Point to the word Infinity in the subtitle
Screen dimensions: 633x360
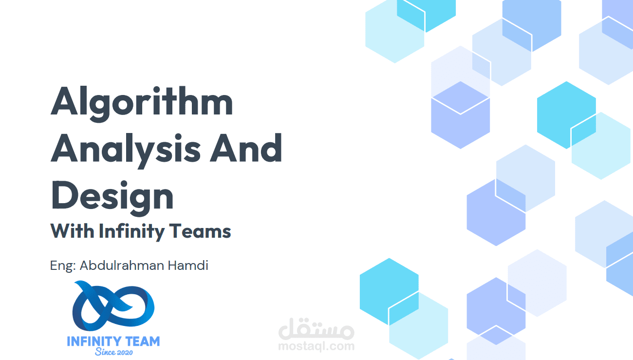click(131, 231)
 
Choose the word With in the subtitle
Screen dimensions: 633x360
click(73, 231)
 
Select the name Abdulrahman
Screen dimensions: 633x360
click(122, 265)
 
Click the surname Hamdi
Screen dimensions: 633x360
click(188, 265)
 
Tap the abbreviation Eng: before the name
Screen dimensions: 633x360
click(63, 266)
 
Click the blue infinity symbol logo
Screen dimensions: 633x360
click(113, 306)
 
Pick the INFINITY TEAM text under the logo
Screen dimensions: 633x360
click(113, 341)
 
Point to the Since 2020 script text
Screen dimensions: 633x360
click(114, 352)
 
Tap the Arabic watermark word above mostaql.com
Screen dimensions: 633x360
click(316, 329)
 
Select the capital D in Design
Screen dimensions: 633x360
click(64, 195)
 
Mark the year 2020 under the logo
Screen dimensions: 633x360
click(125, 352)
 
